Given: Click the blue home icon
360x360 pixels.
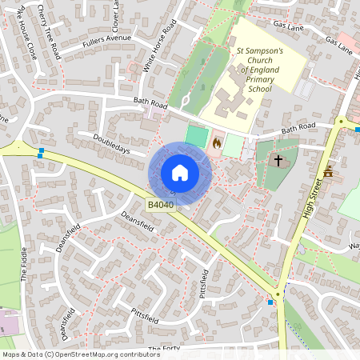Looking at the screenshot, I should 180,173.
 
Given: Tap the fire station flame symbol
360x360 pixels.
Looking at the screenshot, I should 216,143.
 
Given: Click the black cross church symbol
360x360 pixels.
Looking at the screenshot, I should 278,161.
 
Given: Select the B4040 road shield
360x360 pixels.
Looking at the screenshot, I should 161,206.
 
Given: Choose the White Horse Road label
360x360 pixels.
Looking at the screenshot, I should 158,50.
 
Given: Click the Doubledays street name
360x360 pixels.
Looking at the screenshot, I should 113,144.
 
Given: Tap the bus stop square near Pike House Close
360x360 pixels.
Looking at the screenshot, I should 40,151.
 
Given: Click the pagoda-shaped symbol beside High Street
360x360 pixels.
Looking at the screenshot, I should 327,172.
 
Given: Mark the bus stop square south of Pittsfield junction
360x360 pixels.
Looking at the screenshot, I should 270,302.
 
